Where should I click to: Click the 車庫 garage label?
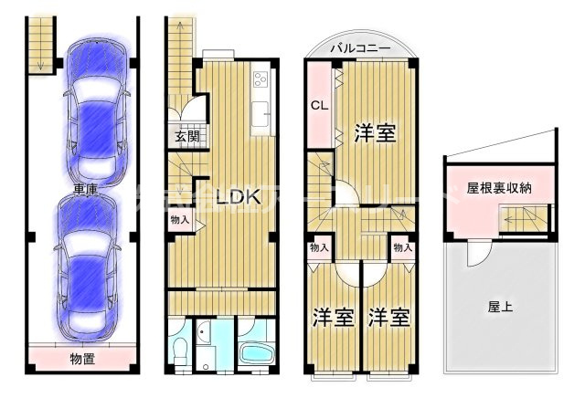click(x=87, y=190)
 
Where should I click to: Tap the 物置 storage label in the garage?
click(x=85, y=358)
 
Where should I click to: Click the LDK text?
click(x=238, y=195)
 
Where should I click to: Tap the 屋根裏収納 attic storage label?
click(x=499, y=188)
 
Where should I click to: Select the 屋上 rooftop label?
click(x=499, y=307)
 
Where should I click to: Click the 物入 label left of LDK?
click(x=179, y=219)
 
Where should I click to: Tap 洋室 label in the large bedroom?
click(x=375, y=133)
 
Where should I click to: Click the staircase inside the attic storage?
click(x=524, y=220)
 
